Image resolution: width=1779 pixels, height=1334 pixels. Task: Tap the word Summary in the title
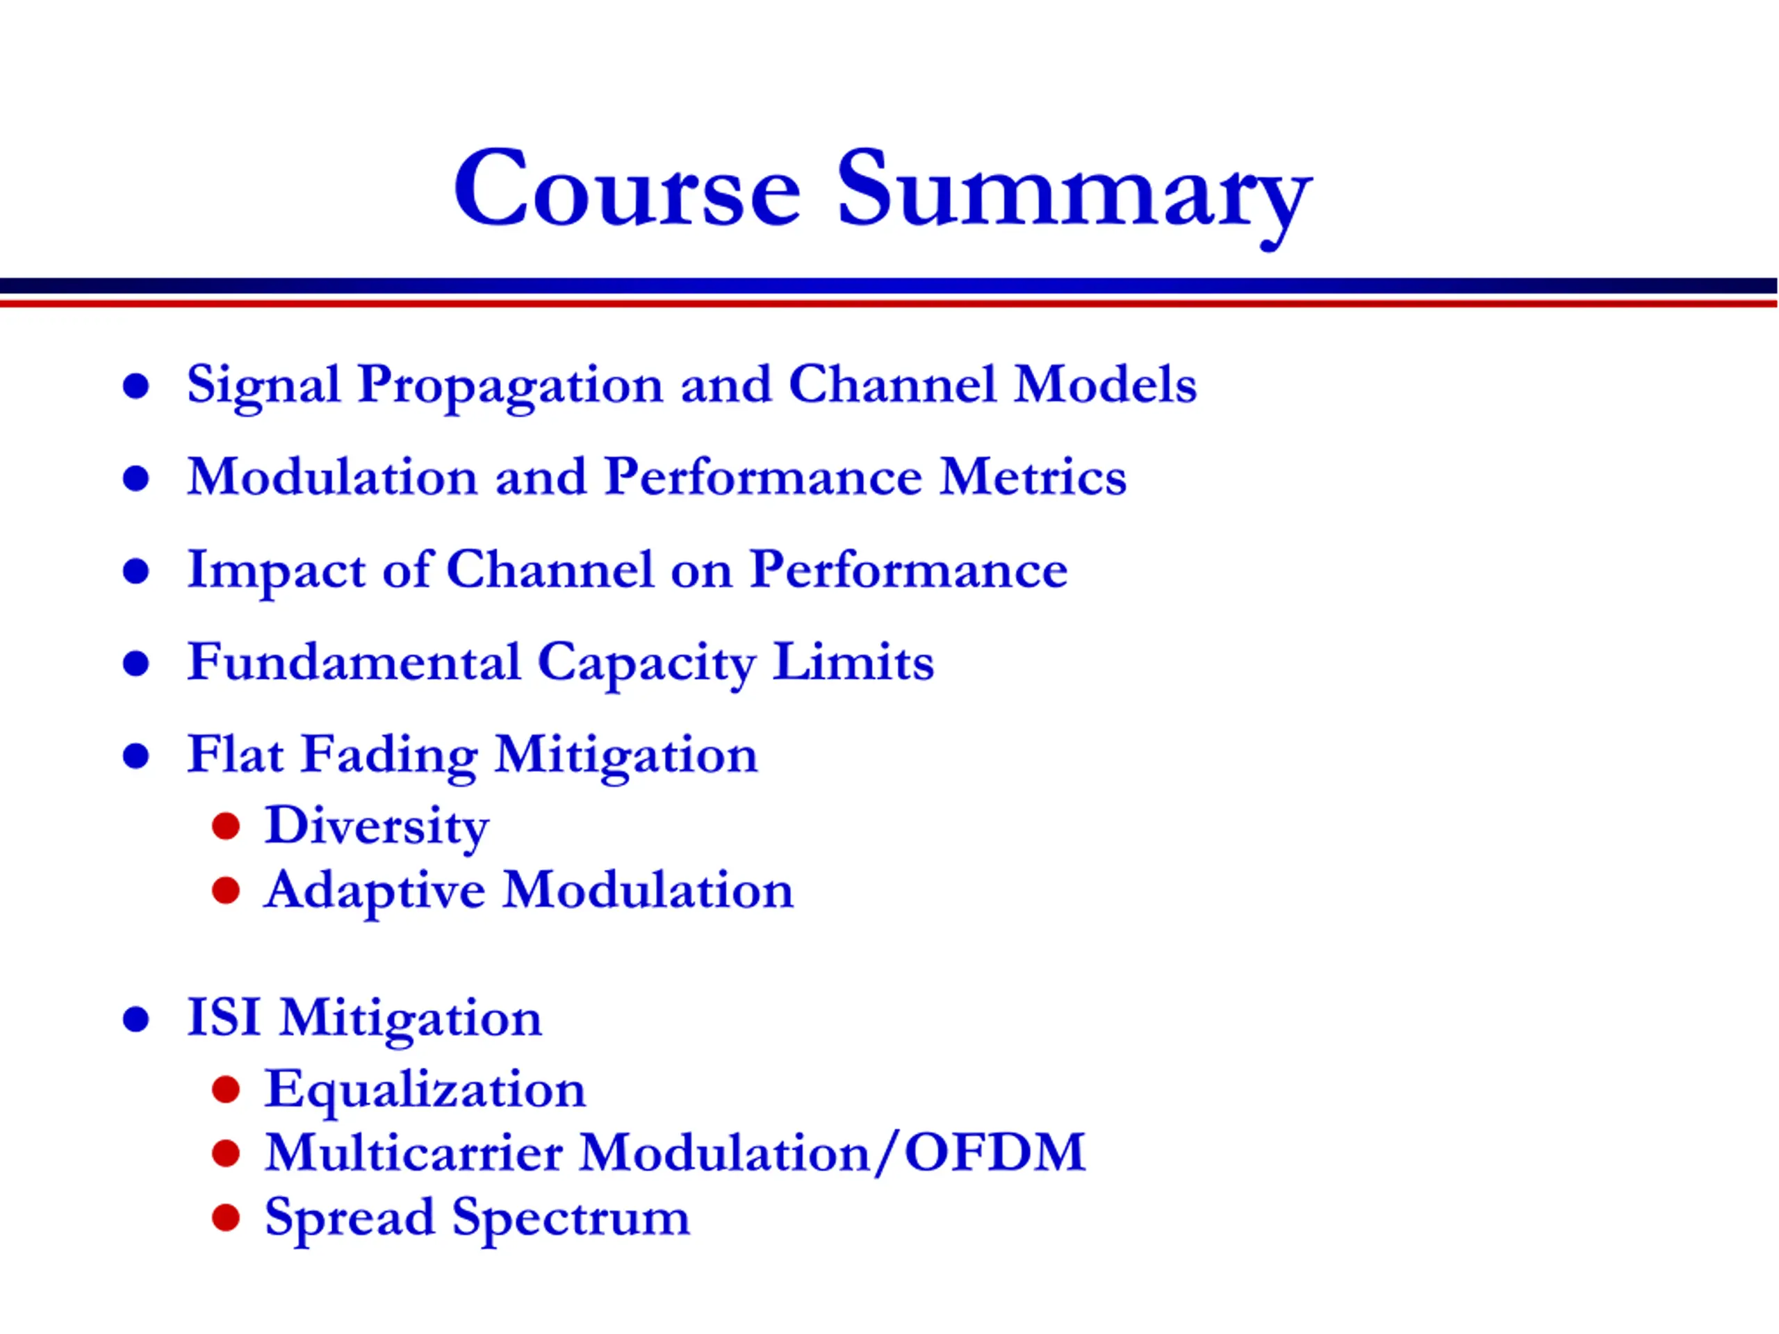click(x=1075, y=198)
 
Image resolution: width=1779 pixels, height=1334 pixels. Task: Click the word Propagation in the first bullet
click(x=510, y=387)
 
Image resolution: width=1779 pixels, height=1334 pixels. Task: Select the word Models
click(x=1105, y=384)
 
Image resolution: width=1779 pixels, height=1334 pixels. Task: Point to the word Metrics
click(x=1033, y=476)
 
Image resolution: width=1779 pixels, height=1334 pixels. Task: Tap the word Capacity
click(x=646, y=664)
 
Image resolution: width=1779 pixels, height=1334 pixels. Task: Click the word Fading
click(x=389, y=757)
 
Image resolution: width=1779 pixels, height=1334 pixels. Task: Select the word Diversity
click(x=377, y=827)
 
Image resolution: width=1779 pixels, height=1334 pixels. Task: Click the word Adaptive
click(x=375, y=891)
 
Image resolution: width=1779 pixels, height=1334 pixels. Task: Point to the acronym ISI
click(x=224, y=1017)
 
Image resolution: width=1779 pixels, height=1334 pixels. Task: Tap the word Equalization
click(x=425, y=1091)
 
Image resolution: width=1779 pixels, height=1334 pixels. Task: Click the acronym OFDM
click(x=995, y=1152)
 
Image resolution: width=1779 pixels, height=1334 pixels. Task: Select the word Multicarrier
click(x=413, y=1152)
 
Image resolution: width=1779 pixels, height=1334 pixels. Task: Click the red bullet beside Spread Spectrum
click(x=226, y=1217)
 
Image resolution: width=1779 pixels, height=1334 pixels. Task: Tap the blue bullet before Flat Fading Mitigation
click(x=136, y=757)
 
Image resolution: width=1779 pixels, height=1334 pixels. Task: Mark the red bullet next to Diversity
click(x=226, y=826)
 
